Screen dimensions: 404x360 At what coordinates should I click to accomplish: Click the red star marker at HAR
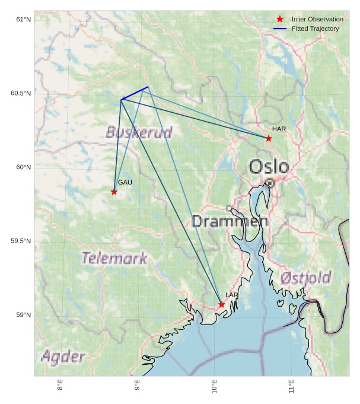click(269, 138)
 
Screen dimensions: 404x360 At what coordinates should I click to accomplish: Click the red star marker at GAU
click(114, 192)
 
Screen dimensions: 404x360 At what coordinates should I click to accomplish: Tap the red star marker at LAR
click(221, 304)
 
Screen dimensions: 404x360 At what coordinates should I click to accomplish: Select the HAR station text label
click(279, 129)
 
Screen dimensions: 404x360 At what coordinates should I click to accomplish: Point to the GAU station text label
click(125, 182)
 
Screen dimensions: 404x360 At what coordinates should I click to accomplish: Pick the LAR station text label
click(231, 295)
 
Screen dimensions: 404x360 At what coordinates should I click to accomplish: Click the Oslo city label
click(269, 167)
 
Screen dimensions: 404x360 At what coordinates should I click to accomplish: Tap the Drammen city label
click(230, 222)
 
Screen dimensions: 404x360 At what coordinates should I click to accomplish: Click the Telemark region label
click(114, 258)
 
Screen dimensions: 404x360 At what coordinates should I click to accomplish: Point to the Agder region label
click(63, 357)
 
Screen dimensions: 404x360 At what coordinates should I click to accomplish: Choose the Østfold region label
click(305, 277)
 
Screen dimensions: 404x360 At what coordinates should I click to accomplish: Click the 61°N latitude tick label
click(23, 20)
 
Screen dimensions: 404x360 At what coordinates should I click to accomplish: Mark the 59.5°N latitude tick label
click(21, 241)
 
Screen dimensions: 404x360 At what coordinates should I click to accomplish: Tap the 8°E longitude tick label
click(60, 386)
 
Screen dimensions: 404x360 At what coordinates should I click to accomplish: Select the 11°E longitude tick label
click(291, 386)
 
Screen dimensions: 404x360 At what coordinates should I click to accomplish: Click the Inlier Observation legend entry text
click(317, 19)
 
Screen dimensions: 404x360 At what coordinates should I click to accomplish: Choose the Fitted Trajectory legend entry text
click(315, 28)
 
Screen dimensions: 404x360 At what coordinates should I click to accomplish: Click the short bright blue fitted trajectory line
click(135, 93)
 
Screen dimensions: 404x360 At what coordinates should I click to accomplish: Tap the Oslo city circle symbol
click(270, 183)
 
